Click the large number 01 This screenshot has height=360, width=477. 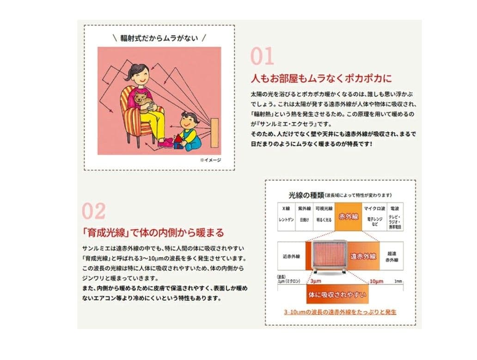(x=262, y=56)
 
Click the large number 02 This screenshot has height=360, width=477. (x=94, y=211)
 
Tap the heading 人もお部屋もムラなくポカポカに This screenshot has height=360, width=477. (x=320, y=77)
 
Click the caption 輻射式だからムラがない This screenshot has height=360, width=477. (x=159, y=37)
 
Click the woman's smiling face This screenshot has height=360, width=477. (x=139, y=73)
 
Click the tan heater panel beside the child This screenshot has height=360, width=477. (x=214, y=133)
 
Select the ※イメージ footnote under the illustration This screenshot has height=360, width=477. (x=210, y=160)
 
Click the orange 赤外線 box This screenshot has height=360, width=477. (x=349, y=216)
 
